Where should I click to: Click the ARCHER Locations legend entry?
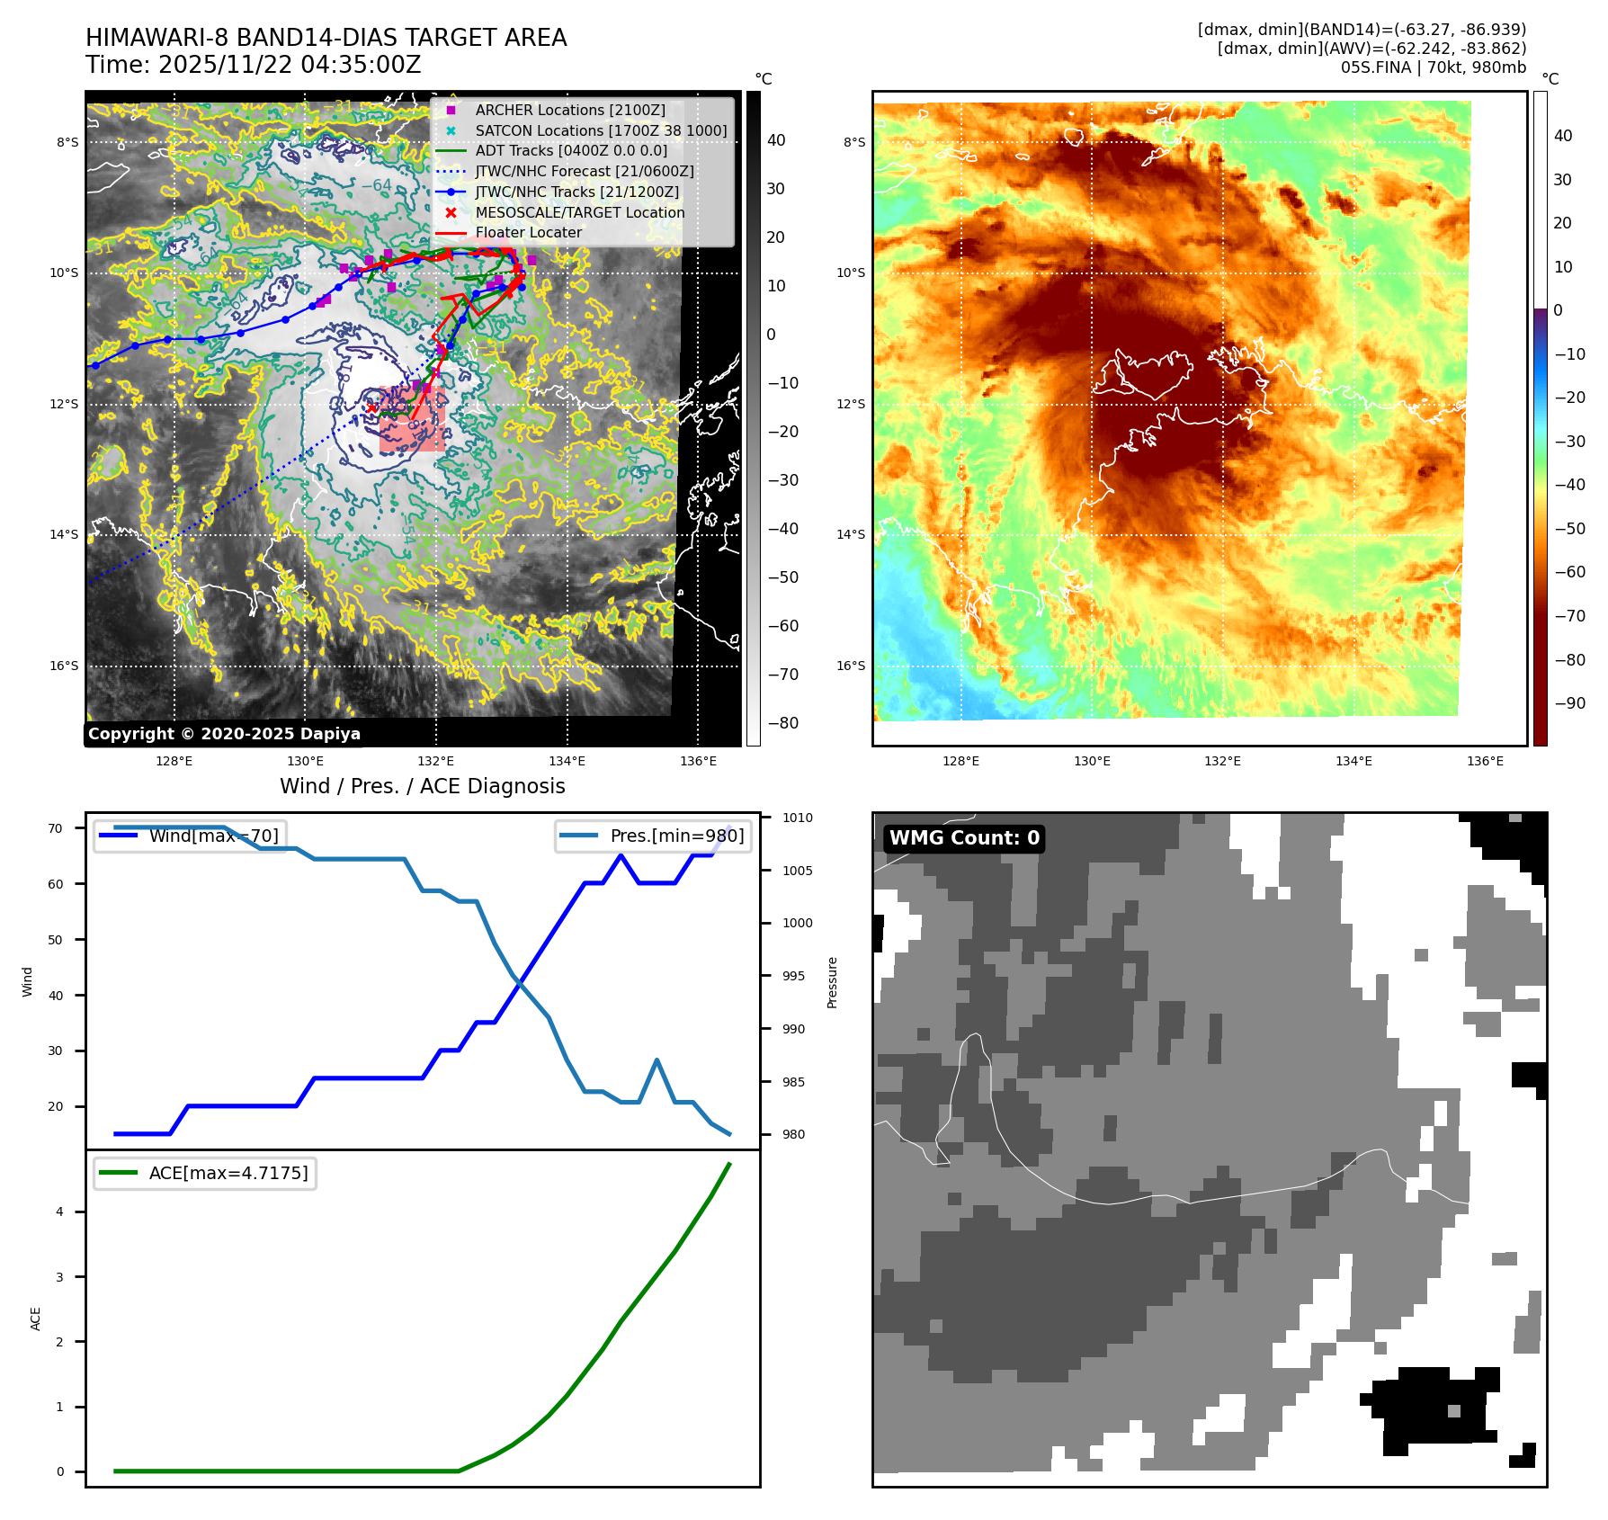[570, 110]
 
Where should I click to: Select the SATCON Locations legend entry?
[601, 130]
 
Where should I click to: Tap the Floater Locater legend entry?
[528, 232]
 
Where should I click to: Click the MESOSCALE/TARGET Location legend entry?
[579, 212]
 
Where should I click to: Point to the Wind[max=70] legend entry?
[213, 836]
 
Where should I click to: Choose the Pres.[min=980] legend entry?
[676, 836]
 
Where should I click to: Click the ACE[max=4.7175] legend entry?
[228, 1173]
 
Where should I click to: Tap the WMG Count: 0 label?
[964, 838]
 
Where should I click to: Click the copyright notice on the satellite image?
[224, 734]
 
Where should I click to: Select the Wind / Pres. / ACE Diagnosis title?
[423, 786]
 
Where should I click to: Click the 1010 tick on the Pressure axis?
[797, 818]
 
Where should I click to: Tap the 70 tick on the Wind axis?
[56, 828]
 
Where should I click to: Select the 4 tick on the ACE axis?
[60, 1212]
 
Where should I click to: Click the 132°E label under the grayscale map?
[436, 761]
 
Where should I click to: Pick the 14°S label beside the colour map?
[851, 534]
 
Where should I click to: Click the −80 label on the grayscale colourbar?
[782, 723]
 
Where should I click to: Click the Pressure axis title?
[833, 982]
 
